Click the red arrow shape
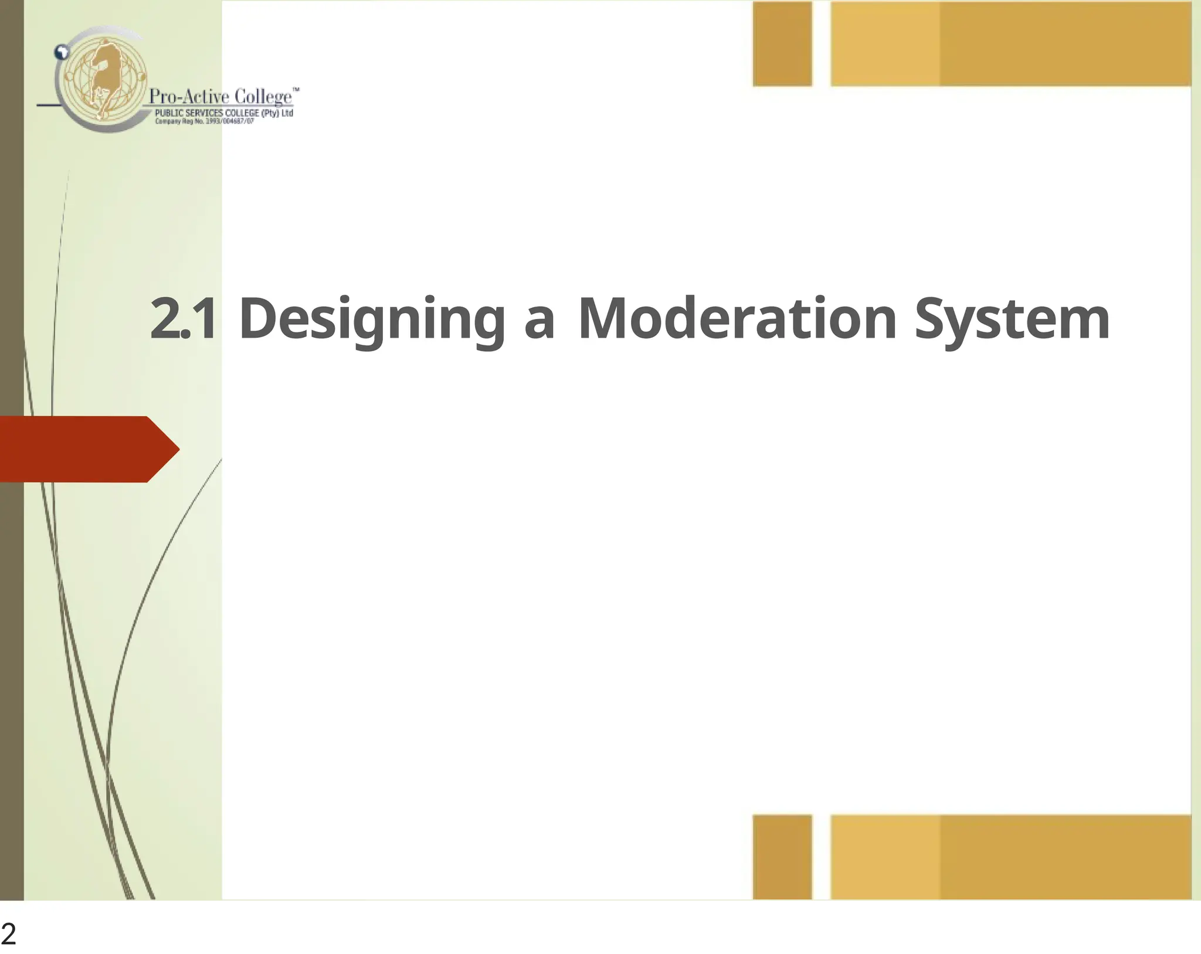[x=88, y=449]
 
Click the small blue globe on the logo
[x=61, y=52]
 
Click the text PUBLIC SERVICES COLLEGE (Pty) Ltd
[x=223, y=113]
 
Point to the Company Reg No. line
[x=204, y=122]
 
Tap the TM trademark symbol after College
[x=296, y=90]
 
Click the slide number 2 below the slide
[x=8, y=934]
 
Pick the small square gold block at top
[x=782, y=44]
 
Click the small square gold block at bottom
[x=782, y=857]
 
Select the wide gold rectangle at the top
[x=1010, y=44]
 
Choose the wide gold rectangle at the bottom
[x=1010, y=857]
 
